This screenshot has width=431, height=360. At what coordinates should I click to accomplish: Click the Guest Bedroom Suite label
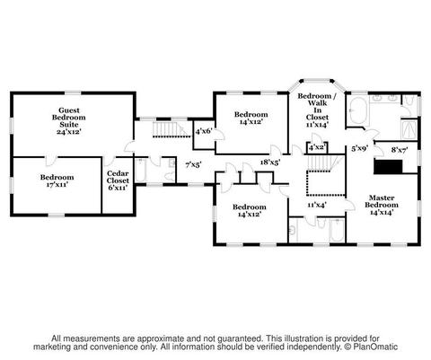69,121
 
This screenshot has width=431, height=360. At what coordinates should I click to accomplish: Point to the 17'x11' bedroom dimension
57,184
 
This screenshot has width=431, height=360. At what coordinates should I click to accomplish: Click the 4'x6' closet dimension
204,131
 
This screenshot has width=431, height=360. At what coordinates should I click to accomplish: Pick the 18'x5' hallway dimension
270,162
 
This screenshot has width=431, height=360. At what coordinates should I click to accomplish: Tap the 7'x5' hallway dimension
193,164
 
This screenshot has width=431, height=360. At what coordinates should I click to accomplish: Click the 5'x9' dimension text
359,148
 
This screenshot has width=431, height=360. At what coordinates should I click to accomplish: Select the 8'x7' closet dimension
400,149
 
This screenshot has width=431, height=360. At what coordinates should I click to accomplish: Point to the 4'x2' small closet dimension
317,147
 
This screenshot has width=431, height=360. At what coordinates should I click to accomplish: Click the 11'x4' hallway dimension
317,205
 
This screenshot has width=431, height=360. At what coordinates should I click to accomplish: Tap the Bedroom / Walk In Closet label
317,110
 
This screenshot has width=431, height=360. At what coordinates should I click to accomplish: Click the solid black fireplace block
388,167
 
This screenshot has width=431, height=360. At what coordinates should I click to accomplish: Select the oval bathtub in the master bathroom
358,110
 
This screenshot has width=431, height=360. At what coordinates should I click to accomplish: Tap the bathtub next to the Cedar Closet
140,171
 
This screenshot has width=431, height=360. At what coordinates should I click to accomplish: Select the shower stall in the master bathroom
409,129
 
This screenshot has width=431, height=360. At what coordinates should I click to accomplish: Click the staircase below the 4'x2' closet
320,162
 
